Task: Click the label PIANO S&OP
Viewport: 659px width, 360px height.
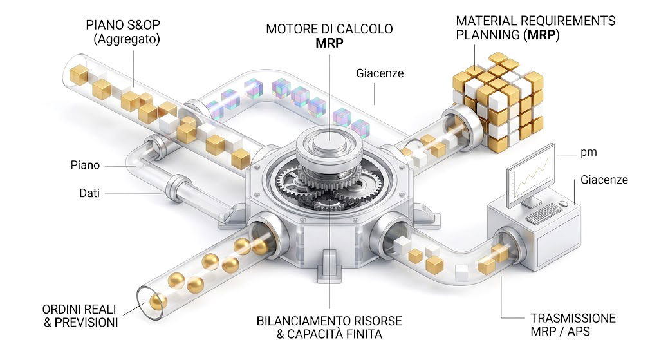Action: tap(122, 25)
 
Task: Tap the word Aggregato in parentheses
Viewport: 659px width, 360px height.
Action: tap(127, 40)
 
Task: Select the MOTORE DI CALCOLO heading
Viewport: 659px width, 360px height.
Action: tap(329, 30)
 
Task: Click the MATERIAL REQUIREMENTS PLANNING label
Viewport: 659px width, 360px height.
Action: tap(535, 28)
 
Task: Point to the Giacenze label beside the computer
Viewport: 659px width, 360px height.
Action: tap(604, 180)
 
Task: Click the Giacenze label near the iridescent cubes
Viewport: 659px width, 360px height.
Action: tap(380, 73)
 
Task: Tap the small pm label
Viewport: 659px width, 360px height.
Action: tap(588, 153)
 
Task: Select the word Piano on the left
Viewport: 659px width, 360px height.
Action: tap(85, 166)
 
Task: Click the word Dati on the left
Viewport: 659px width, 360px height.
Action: tap(89, 193)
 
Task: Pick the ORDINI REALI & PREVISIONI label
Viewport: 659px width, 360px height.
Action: tap(80, 316)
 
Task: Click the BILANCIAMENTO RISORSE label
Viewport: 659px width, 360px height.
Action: tap(329, 321)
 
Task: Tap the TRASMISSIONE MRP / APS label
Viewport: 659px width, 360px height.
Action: tap(573, 325)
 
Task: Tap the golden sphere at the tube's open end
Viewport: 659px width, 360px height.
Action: tap(154, 301)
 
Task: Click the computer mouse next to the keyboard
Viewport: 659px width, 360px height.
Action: tap(564, 205)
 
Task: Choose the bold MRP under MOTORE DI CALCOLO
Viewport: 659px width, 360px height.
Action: tap(329, 43)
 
